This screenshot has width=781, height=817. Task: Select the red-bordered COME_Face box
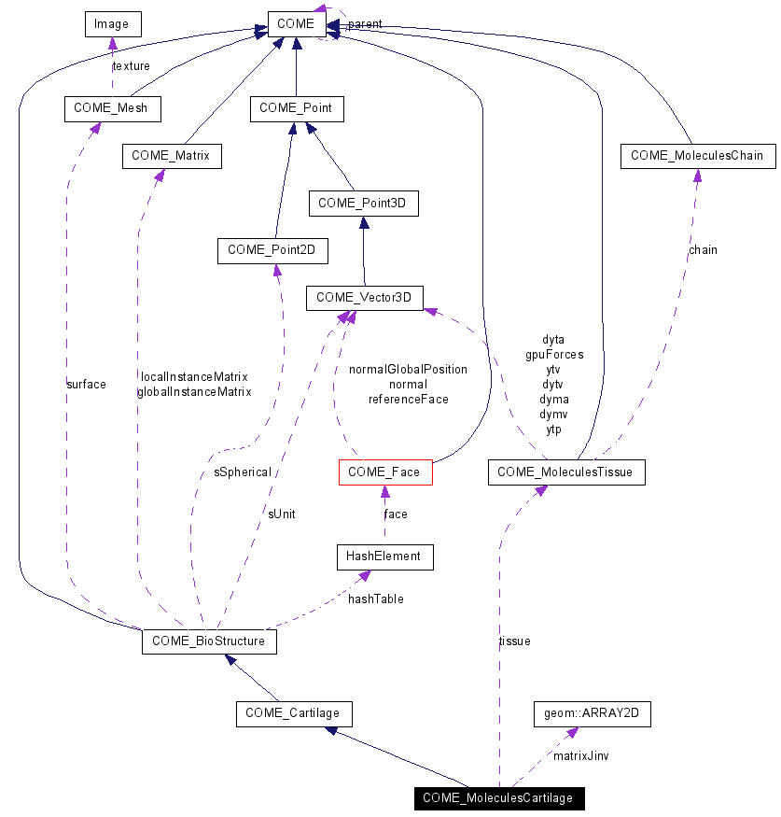tap(384, 472)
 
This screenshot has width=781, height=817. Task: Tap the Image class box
tap(111, 23)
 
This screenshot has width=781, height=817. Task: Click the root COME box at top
tap(296, 23)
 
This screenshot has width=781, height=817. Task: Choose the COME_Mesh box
tap(112, 108)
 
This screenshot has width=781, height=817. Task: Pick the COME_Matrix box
tap(171, 156)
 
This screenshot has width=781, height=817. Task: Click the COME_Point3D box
tap(363, 203)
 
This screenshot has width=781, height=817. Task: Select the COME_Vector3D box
tap(364, 298)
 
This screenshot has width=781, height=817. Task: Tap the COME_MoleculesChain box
tap(698, 156)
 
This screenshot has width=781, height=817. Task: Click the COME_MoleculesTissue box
tap(565, 472)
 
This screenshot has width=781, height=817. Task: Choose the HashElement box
tap(384, 556)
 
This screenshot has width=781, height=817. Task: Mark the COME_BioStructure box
tap(209, 641)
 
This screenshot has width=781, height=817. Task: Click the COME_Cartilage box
tap(293, 714)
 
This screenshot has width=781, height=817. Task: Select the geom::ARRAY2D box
tap(592, 714)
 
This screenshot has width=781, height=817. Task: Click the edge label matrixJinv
tap(581, 754)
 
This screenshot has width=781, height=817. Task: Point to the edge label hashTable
tap(376, 599)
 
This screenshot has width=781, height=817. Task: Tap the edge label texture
tap(131, 66)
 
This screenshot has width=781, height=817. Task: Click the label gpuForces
tap(554, 355)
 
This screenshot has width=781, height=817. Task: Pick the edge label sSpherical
tap(243, 472)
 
